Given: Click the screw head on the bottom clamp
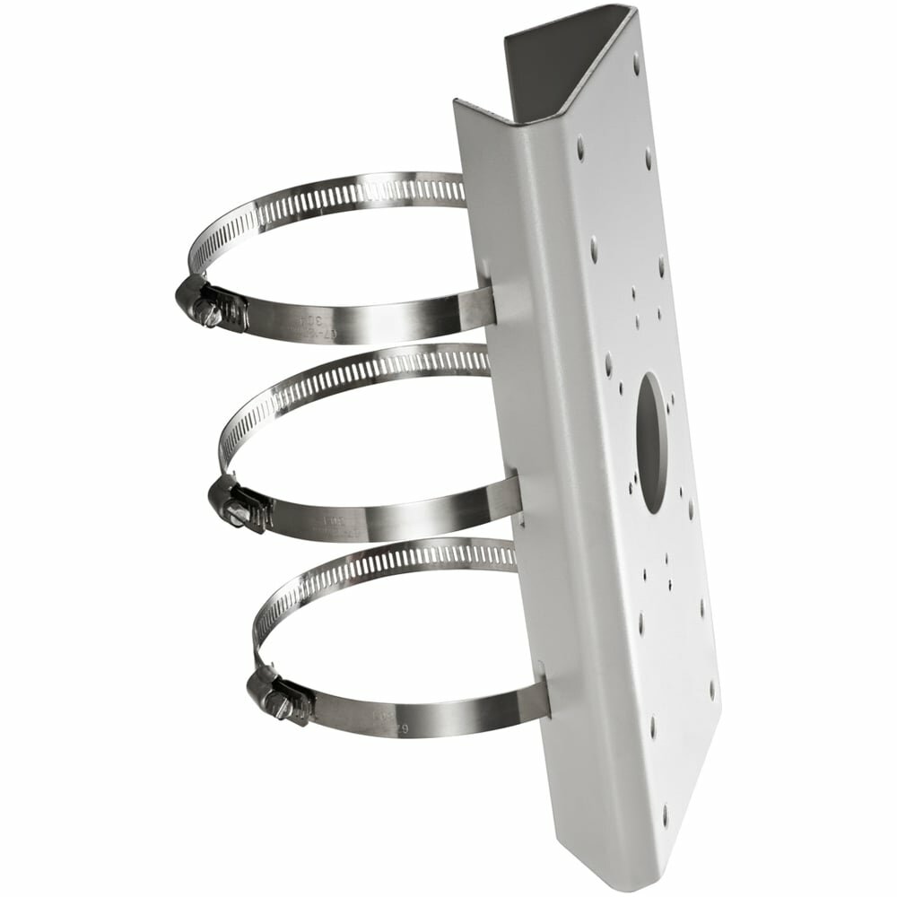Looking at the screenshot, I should tap(279, 709).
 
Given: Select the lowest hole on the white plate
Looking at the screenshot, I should tap(665, 817).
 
